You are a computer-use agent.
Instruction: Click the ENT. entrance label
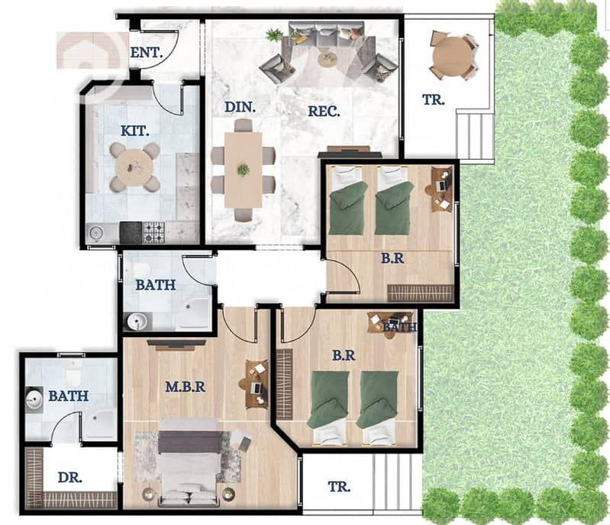pos(147,53)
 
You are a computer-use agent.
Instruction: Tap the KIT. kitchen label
pos(135,131)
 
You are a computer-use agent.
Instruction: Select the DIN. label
pos(240,107)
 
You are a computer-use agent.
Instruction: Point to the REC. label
pos(324,112)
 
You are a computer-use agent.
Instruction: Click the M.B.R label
pos(186,387)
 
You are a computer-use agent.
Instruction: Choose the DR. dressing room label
pos(70,478)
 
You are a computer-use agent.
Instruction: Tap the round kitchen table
pos(134,167)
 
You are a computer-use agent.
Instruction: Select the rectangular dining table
pos(244,170)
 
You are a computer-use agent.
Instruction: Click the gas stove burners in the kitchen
pos(154,232)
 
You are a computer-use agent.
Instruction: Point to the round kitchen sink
pos(95,233)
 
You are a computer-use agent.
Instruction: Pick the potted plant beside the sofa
pos(275,35)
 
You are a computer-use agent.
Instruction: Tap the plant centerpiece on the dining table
pos(244,170)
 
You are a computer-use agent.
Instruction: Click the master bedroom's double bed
pos(189,462)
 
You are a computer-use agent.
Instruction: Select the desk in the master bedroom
pos(257,384)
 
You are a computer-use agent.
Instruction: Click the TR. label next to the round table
pos(434,99)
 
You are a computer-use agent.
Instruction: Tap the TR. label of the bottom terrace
pos(339,487)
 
